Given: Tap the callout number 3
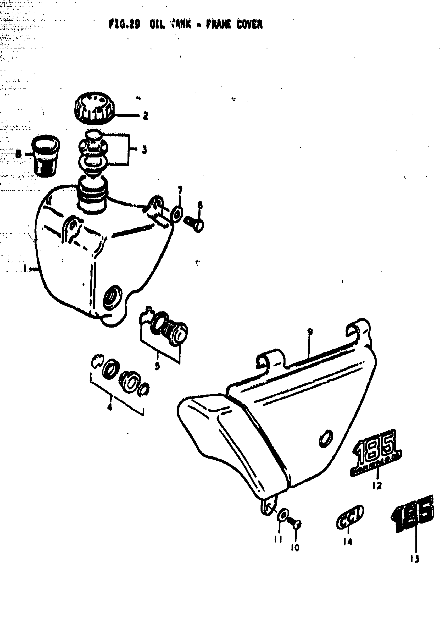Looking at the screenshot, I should pyautogui.click(x=144, y=150).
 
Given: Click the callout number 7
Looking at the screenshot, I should pyautogui.click(x=180, y=189).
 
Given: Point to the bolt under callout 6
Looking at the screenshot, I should pyautogui.click(x=194, y=223).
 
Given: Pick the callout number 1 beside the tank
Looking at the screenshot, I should pyautogui.click(x=25, y=269).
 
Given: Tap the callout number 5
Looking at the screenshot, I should pyautogui.click(x=157, y=366).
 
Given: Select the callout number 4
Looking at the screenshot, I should pyautogui.click(x=110, y=407).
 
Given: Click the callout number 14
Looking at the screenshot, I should pyautogui.click(x=348, y=542).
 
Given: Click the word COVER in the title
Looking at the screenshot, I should pyautogui.click(x=246, y=25).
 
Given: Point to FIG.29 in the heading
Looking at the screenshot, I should pyautogui.click(x=124, y=25).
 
